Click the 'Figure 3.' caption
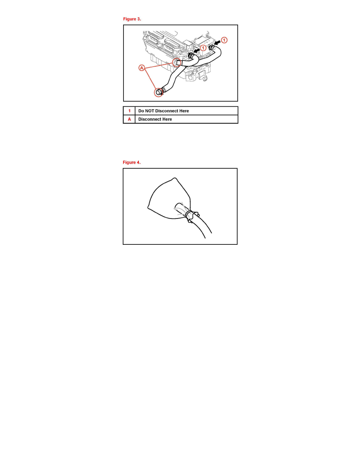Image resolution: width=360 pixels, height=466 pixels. coord(132,19)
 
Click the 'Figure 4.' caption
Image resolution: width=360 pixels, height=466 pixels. coord(132,162)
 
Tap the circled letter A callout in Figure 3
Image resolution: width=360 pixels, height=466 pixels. coord(142,68)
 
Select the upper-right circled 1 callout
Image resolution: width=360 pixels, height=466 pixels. coord(224,40)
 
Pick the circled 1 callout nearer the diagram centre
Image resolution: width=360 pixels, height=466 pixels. coord(203,47)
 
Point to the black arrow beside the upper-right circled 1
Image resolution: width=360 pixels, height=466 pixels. coord(217,42)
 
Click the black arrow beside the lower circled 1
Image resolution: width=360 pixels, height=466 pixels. coord(196,50)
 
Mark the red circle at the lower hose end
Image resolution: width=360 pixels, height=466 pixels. coord(158,92)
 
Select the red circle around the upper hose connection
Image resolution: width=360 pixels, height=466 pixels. coord(177,62)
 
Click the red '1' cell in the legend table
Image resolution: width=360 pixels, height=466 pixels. coord(129,111)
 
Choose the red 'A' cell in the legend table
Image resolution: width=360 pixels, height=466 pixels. coord(129,119)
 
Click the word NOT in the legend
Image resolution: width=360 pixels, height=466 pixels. coord(149,111)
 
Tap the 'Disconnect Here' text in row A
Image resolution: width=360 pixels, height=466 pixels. coord(155,119)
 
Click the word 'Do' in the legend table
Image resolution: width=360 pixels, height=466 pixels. coord(141,111)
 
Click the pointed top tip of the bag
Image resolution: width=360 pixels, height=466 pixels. coord(175,178)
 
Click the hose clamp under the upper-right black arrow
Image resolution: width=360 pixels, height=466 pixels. coord(211,47)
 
